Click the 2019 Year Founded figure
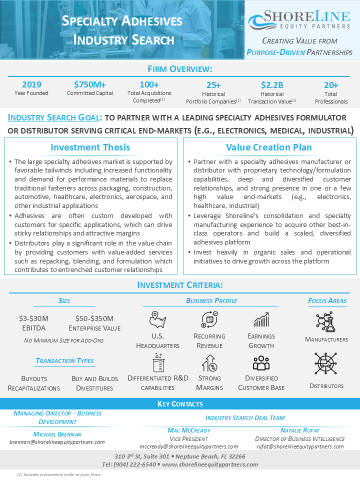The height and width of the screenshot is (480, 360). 32,84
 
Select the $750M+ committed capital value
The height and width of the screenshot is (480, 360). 90,84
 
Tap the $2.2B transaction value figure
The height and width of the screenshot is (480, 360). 272,85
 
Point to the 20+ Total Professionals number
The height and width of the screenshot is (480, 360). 331,85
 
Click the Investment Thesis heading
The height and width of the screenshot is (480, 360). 90,147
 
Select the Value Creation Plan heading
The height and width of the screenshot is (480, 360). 269,147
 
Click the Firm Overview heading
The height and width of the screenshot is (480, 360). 180,68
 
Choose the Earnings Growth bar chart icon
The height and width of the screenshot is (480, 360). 261,319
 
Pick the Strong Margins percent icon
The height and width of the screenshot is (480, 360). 209,362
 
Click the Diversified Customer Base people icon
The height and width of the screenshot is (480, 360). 261,362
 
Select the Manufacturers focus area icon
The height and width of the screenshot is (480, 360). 326,322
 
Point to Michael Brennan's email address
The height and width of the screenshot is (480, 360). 57,442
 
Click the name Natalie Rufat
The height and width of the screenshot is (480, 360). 299,430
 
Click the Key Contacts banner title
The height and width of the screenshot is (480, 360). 180,403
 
